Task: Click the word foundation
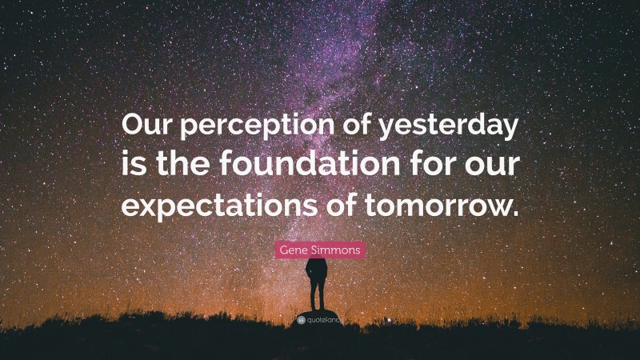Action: (308, 165)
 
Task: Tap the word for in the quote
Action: (428, 165)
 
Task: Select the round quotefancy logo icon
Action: (299, 318)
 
